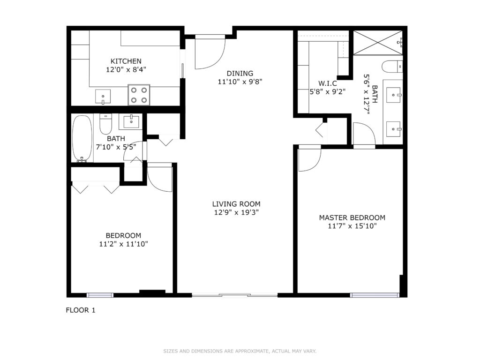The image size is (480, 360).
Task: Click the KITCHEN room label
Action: pos(126,61)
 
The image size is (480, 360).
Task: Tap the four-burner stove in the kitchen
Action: pos(139,95)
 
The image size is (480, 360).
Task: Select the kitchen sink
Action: pos(103,97)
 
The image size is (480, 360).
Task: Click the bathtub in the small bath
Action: pos(82,138)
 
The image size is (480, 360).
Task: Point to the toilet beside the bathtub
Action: pos(106,124)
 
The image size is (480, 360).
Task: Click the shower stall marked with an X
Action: pos(378,43)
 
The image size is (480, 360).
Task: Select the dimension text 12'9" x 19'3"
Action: pos(236,212)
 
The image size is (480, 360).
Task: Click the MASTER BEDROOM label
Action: pos(352,217)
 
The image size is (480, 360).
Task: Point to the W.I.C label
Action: pos(328,83)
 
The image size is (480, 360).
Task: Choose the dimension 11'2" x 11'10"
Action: pos(124,244)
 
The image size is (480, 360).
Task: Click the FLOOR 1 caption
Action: pos(81,310)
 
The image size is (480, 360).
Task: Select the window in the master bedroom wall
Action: pos(375,295)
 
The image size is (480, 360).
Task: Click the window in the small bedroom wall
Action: pos(100,295)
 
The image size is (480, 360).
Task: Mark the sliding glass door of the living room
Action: pos(235,295)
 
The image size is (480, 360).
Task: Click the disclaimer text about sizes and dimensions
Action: pos(240,351)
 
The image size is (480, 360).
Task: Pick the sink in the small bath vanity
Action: pos(131,122)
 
